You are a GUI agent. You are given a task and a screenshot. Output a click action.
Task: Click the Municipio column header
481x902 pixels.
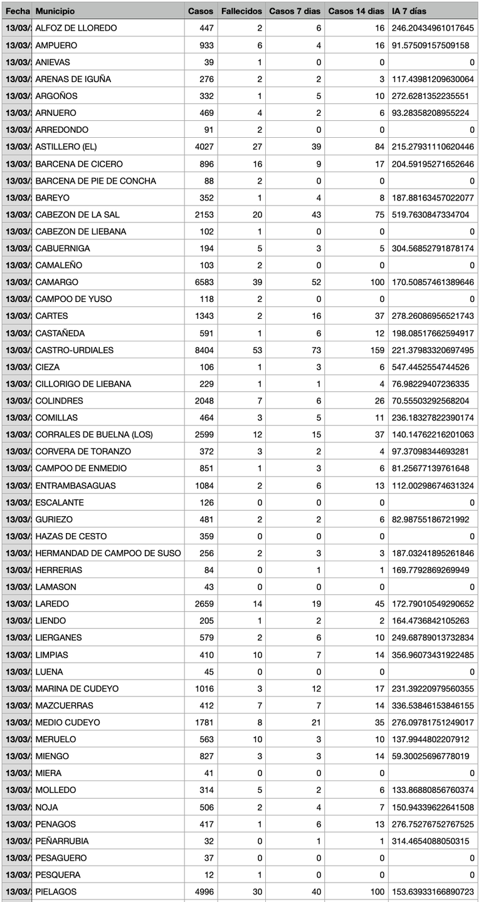[x=55, y=11]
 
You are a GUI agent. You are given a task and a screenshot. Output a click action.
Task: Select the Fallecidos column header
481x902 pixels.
[x=241, y=11]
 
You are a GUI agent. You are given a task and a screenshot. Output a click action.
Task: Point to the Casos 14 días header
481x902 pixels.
[x=356, y=11]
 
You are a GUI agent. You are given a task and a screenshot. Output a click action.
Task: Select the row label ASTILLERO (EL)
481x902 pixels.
[x=66, y=147]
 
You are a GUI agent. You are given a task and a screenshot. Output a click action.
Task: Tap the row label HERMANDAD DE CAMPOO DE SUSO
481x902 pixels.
[x=108, y=553]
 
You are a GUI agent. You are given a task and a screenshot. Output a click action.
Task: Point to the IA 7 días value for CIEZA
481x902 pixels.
[x=432, y=367]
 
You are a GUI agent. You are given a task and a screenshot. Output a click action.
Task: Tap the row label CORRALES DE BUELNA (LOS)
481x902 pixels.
[x=94, y=435]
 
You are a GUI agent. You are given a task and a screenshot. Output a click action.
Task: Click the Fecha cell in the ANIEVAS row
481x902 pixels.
[x=17, y=63]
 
